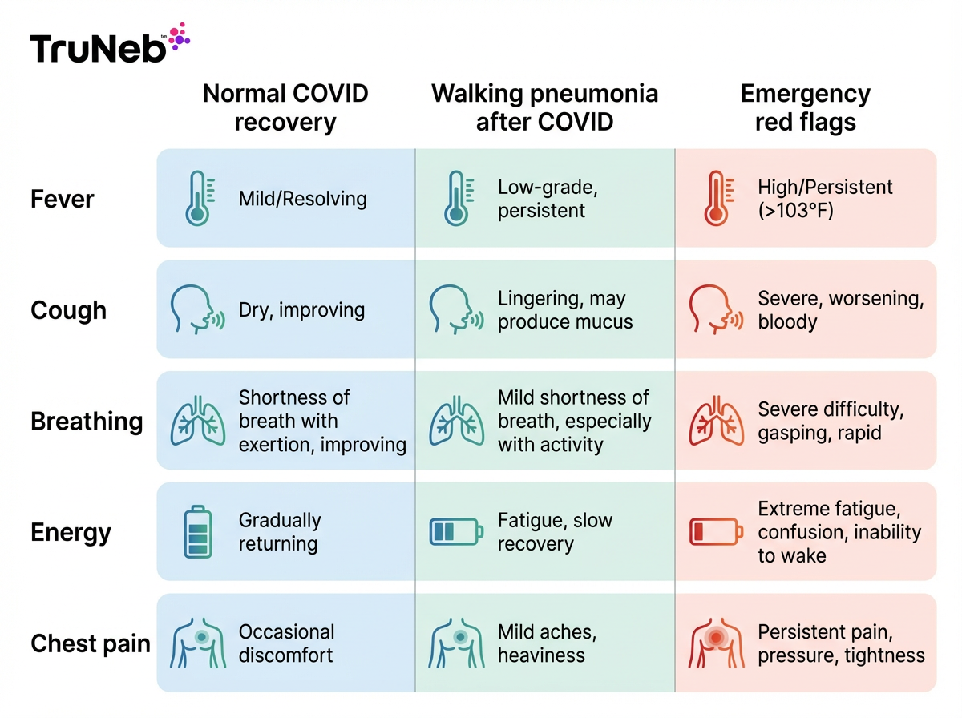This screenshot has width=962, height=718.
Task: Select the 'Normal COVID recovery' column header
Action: (285, 107)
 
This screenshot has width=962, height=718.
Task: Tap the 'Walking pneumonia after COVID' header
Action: (545, 107)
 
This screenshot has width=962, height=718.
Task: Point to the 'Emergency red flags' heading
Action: (805, 107)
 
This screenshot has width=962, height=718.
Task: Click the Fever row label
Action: (63, 199)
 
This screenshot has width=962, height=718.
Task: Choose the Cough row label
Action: (68, 310)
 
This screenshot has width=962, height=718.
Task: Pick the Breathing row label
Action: (87, 422)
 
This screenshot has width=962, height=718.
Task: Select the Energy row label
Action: (71, 533)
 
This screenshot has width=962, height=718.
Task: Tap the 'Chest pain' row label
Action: (90, 643)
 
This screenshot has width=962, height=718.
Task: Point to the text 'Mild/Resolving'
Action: (302, 199)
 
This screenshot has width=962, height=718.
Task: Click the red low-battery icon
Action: (716, 532)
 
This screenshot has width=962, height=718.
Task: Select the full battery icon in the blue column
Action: (196, 532)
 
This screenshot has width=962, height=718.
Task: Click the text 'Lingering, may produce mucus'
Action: (565, 310)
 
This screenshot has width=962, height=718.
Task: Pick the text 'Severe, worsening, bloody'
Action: (840, 310)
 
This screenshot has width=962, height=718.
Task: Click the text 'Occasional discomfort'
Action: (286, 643)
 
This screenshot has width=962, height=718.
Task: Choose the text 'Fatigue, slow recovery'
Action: (555, 532)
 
